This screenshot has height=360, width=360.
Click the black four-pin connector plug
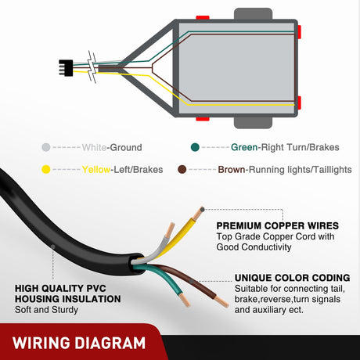coord(66,68)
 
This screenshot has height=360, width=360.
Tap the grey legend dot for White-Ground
coord(46,147)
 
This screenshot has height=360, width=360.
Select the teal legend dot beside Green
coord(195,147)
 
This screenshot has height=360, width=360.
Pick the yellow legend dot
coord(46,170)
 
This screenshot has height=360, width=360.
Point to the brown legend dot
coord(182,170)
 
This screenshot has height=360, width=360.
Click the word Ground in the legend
coord(126,147)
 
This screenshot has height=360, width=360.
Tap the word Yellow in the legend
coord(96,170)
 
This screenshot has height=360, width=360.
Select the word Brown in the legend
coord(232,170)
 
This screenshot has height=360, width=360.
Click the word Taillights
coord(333,170)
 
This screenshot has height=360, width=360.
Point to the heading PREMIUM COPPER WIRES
coord(278,225)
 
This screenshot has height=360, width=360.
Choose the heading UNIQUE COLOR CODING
coord(292,278)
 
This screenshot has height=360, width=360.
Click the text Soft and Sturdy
coord(46,310)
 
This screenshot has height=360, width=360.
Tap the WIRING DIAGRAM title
coord(79,343)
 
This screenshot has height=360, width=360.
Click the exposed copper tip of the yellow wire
coord(198,213)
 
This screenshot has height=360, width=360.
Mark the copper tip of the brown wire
coord(222,301)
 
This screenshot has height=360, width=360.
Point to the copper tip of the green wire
coord(185,300)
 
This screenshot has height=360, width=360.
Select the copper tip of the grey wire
coord(170,230)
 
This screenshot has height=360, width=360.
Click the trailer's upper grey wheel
coord(253,14)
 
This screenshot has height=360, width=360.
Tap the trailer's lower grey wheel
coord(253,123)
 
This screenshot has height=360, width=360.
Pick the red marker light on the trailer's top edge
coord(203,17)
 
